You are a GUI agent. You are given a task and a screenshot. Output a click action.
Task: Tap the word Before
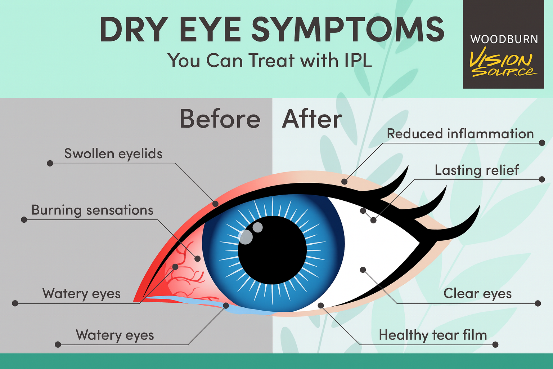(220, 119)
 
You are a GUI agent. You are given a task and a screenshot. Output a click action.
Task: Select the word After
(312, 119)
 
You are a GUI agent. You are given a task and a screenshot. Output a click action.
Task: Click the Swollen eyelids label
(113, 154)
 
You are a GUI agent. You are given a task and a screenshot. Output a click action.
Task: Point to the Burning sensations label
(93, 210)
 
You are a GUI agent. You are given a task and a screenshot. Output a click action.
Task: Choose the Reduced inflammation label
(460, 134)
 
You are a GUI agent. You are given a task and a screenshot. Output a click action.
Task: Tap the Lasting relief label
(477, 170)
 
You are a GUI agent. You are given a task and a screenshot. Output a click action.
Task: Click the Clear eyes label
(477, 294)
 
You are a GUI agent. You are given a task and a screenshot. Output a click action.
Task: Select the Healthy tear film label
(433, 335)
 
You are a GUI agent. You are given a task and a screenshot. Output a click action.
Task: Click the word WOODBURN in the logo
(504, 39)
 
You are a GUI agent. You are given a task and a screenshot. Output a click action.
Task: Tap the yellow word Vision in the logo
(500, 58)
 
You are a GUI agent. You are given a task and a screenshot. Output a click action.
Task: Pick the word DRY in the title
(133, 30)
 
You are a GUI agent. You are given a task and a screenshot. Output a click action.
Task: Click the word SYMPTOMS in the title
(347, 30)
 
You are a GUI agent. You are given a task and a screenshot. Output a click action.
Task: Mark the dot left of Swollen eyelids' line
(50, 163)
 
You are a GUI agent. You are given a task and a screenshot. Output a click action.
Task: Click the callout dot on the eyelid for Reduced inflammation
(345, 181)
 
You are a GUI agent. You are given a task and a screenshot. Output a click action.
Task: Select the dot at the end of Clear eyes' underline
(538, 303)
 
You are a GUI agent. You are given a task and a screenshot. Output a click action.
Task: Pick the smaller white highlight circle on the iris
(257, 227)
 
